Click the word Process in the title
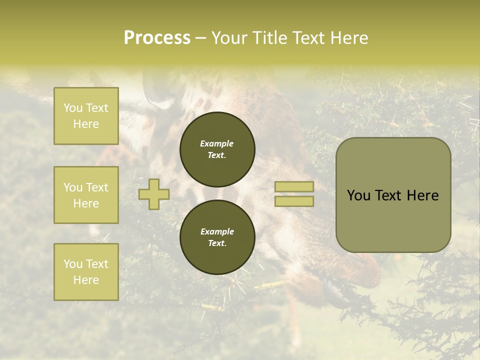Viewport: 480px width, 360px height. (157, 38)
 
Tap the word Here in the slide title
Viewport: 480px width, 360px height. (348, 38)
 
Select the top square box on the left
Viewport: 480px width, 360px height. (86, 116)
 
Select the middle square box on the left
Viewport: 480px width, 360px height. (86, 195)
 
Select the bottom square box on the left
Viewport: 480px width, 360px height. (86, 272)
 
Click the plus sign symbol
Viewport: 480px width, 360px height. (154, 194)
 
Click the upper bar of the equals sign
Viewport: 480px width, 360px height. (294, 186)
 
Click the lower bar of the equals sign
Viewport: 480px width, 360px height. (294, 201)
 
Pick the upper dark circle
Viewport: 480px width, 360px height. (217, 149)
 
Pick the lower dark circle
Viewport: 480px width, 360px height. (217, 237)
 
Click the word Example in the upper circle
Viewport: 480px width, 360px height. (216, 143)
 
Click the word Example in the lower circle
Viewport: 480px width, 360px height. (217, 231)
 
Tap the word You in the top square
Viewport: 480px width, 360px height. (73, 108)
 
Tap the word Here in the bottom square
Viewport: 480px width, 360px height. (86, 280)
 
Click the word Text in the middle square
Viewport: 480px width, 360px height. (97, 187)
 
